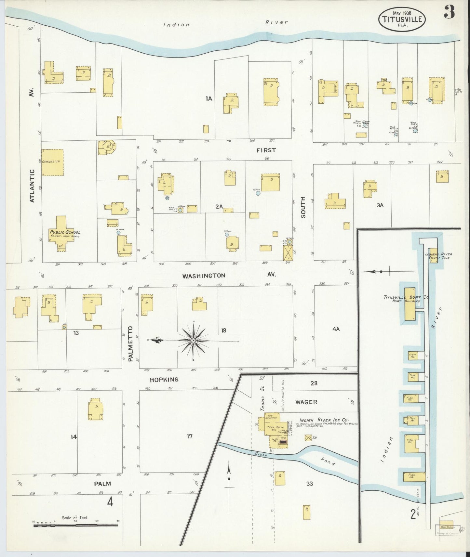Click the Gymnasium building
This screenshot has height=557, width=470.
click(x=52, y=162)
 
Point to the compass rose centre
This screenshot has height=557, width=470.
click(x=193, y=340)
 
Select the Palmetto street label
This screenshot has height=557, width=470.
click(x=131, y=344)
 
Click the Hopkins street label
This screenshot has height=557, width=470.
click(x=164, y=380)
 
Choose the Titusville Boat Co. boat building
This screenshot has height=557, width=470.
click(x=410, y=304)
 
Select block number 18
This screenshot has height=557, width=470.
click(x=223, y=330)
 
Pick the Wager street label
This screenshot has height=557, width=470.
click(x=306, y=402)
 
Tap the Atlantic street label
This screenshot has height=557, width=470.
click(x=32, y=186)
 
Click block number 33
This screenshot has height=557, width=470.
click(x=309, y=484)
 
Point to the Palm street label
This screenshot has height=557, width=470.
click(x=102, y=484)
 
